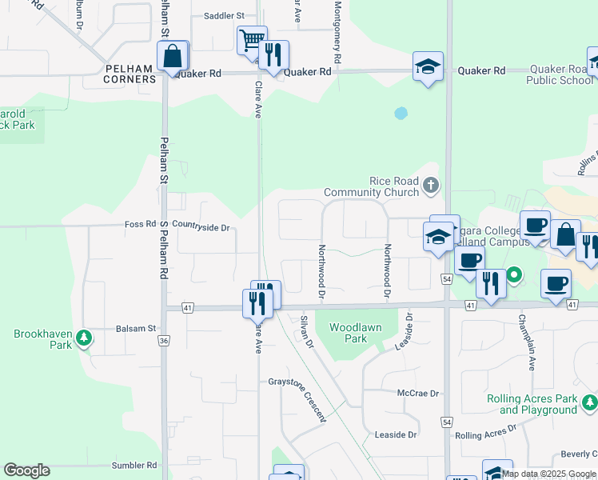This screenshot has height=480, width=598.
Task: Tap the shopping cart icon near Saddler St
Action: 252,38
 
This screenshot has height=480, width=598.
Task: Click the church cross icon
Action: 431,186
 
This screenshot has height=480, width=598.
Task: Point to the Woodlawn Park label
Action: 356,333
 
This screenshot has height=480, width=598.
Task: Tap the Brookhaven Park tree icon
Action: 84,338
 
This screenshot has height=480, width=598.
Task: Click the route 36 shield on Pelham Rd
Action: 164,341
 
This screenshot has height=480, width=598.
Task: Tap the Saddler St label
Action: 223,15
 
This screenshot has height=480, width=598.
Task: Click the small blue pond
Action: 401,114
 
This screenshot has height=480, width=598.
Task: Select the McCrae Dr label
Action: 418,394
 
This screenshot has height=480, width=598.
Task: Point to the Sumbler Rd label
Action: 134,465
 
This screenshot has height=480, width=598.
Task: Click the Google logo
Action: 26,470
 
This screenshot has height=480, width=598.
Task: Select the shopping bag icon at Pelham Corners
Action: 173,57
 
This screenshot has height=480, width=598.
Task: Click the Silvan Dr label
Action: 305,331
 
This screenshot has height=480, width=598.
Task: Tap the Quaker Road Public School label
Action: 560,75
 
